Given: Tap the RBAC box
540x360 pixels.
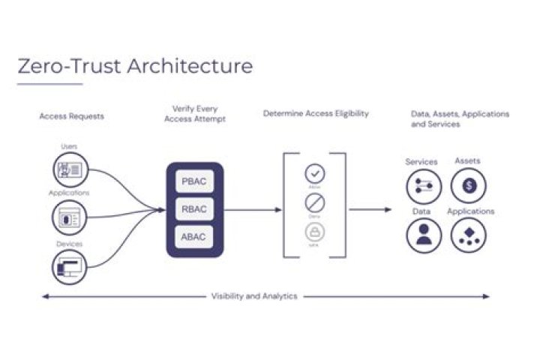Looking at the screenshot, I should (x=193, y=209).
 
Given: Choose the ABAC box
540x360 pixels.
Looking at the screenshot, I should (x=193, y=237).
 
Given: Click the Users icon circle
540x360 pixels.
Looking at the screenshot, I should (x=70, y=169).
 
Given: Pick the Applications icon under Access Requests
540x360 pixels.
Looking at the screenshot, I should (x=70, y=217).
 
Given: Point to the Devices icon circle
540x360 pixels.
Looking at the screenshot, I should (x=70, y=266).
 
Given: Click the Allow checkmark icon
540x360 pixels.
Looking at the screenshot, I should (x=315, y=174).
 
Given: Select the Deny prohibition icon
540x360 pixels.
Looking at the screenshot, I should (x=315, y=202).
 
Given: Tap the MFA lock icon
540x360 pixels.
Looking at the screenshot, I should (x=315, y=231).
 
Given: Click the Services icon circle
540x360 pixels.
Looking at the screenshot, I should (x=424, y=186).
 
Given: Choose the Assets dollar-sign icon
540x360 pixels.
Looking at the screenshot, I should (x=469, y=186).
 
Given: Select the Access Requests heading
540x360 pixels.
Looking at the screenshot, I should (x=71, y=116).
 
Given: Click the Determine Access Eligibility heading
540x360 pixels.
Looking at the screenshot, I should (x=316, y=114).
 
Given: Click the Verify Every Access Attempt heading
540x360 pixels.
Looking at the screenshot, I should (x=194, y=114).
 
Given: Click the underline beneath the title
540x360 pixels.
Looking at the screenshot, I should (x=49, y=83).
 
